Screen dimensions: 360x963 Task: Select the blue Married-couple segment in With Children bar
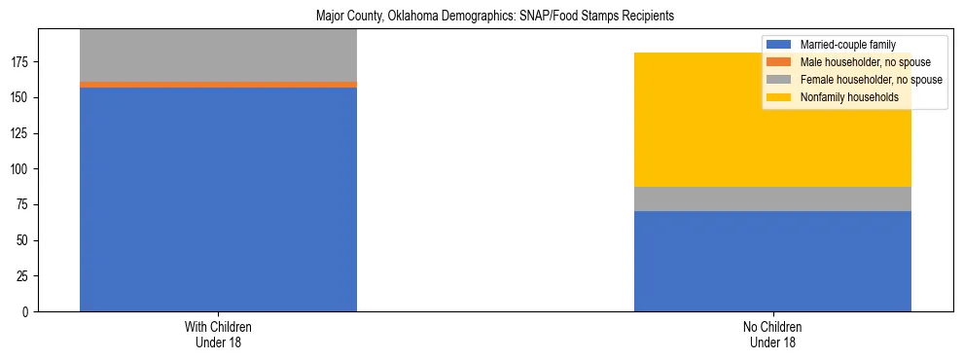coord(218,199)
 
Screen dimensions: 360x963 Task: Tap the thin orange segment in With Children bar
coord(218,85)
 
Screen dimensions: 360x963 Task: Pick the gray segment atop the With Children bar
coord(218,55)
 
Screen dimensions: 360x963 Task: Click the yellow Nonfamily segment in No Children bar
coord(772,120)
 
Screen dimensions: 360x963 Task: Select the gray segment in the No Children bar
coord(772,198)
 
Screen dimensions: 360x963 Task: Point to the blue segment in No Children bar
coord(772,261)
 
